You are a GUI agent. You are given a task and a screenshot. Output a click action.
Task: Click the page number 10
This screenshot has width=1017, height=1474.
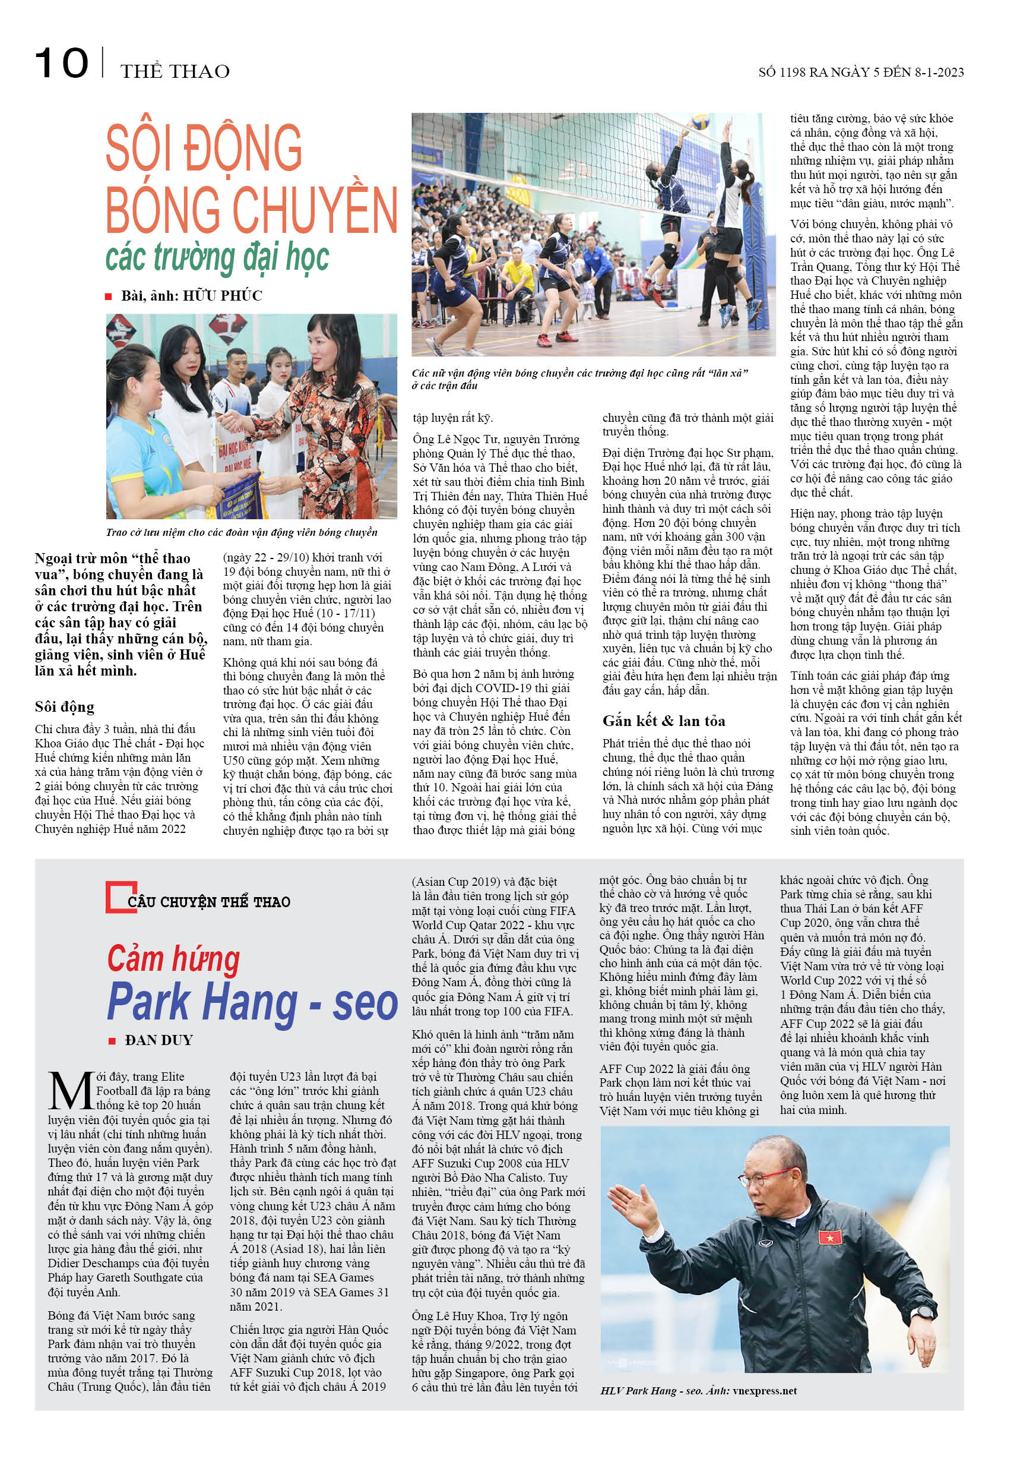pyautogui.click(x=61, y=63)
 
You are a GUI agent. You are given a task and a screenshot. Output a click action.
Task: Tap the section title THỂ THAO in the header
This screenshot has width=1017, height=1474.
pyautogui.click(x=175, y=71)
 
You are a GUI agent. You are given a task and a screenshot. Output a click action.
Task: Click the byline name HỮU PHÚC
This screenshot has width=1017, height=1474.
pyautogui.click(x=223, y=296)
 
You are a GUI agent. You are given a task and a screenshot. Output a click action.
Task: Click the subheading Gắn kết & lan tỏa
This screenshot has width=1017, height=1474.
pyautogui.click(x=663, y=721)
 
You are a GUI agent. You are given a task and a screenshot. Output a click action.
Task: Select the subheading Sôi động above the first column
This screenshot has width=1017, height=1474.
pyautogui.click(x=64, y=706)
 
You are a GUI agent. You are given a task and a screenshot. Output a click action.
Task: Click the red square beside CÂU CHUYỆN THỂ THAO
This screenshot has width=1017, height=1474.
pyautogui.click(x=120, y=898)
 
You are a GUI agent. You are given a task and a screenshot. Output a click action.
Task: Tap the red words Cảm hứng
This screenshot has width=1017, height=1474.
pyautogui.click(x=173, y=959)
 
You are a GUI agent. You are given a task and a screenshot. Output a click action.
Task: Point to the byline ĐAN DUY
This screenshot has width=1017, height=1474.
pyautogui.click(x=159, y=1040)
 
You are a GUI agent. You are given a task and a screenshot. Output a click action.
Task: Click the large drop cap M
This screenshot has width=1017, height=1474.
pyautogui.click(x=70, y=1091)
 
